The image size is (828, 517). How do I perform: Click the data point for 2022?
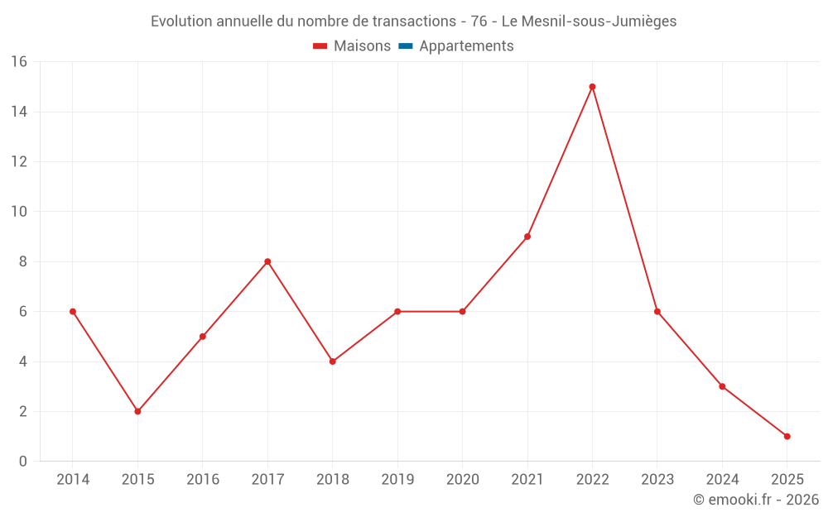pyautogui.click(x=592, y=87)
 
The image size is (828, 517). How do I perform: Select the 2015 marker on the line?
pyautogui.click(x=137, y=411)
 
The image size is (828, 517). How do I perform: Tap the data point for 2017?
pyautogui.click(x=267, y=261)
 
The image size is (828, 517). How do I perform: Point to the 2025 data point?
pyautogui.click(x=787, y=436)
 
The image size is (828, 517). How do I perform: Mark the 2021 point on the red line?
pyautogui.click(x=527, y=237)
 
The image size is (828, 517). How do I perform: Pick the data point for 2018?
pyautogui.click(x=332, y=361)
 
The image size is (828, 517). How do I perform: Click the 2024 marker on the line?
pyautogui.click(x=722, y=386)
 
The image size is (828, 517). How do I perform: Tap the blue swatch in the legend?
pyautogui.click(x=405, y=46)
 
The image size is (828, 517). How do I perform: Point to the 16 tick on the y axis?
pyautogui.click(x=19, y=62)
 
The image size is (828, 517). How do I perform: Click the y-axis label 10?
pyautogui.click(x=19, y=212)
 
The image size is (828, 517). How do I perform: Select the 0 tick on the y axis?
pyautogui.click(x=23, y=462)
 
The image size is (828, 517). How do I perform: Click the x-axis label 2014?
pyautogui.click(x=73, y=480)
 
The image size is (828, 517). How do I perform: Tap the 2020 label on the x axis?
pyautogui.click(x=462, y=480)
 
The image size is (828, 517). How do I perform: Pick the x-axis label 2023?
pyautogui.click(x=657, y=480)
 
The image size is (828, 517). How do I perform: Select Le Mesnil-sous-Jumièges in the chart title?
pyautogui.click(x=589, y=22)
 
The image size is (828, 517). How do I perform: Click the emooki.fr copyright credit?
pyautogui.click(x=756, y=500)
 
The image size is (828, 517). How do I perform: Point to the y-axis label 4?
pyautogui.click(x=23, y=361)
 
